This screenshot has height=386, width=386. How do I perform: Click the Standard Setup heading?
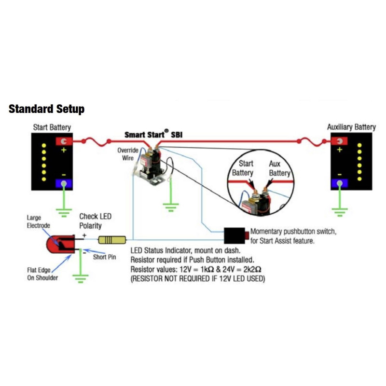(x=46, y=109)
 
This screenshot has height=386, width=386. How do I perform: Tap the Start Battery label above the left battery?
(x=52, y=127)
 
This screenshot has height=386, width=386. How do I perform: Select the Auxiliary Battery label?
(x=351, y=127)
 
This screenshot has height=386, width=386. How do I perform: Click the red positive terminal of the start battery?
(x=64, y=141)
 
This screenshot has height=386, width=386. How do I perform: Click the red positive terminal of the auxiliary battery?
(x=340, y=141)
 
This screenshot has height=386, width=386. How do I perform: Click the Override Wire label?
(x=128, y=154)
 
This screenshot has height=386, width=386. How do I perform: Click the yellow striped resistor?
(x=112, y=240)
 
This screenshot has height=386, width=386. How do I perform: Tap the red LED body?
(x=59, y=245)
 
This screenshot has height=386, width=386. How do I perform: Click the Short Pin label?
(x=105, y=257)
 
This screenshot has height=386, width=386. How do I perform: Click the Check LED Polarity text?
(x=95, y=221)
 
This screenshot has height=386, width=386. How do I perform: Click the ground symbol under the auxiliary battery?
(x=340, y=209)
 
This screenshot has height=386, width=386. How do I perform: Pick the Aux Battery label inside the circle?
(x=279, y=168)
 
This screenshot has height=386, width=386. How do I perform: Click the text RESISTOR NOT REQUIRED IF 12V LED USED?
(x=198, y=279)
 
